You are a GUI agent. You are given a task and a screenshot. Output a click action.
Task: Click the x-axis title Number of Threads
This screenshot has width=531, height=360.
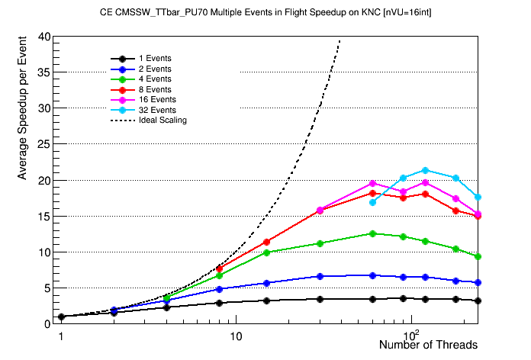428,346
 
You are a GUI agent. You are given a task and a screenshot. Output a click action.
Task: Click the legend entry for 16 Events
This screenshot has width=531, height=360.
157,99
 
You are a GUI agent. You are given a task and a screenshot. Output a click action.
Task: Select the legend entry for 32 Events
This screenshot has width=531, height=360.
157,110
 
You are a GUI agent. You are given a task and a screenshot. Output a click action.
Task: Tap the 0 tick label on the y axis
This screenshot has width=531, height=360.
47,323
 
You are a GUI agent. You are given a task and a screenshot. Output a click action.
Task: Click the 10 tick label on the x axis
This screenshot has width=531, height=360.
236,336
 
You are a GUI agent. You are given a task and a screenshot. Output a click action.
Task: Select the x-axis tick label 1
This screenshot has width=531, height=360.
61,336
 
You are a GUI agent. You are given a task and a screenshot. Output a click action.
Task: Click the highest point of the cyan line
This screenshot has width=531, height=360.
425,170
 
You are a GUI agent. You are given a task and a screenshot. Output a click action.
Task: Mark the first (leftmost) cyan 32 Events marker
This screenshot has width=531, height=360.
372,202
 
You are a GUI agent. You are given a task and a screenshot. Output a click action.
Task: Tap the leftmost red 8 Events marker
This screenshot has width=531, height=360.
220,268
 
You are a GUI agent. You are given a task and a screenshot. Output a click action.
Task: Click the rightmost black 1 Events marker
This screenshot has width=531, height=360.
478,301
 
